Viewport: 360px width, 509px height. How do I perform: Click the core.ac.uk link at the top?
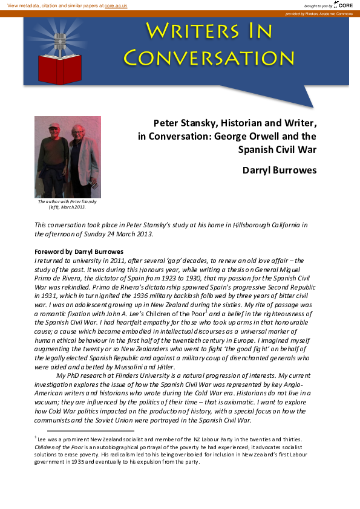[116, 5]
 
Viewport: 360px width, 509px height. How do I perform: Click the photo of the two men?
[67, 157]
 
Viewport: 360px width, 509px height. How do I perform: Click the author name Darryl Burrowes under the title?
[279, 170]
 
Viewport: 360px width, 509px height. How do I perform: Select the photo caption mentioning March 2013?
[67, 204]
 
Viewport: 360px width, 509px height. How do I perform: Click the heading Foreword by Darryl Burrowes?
[79, 251]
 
